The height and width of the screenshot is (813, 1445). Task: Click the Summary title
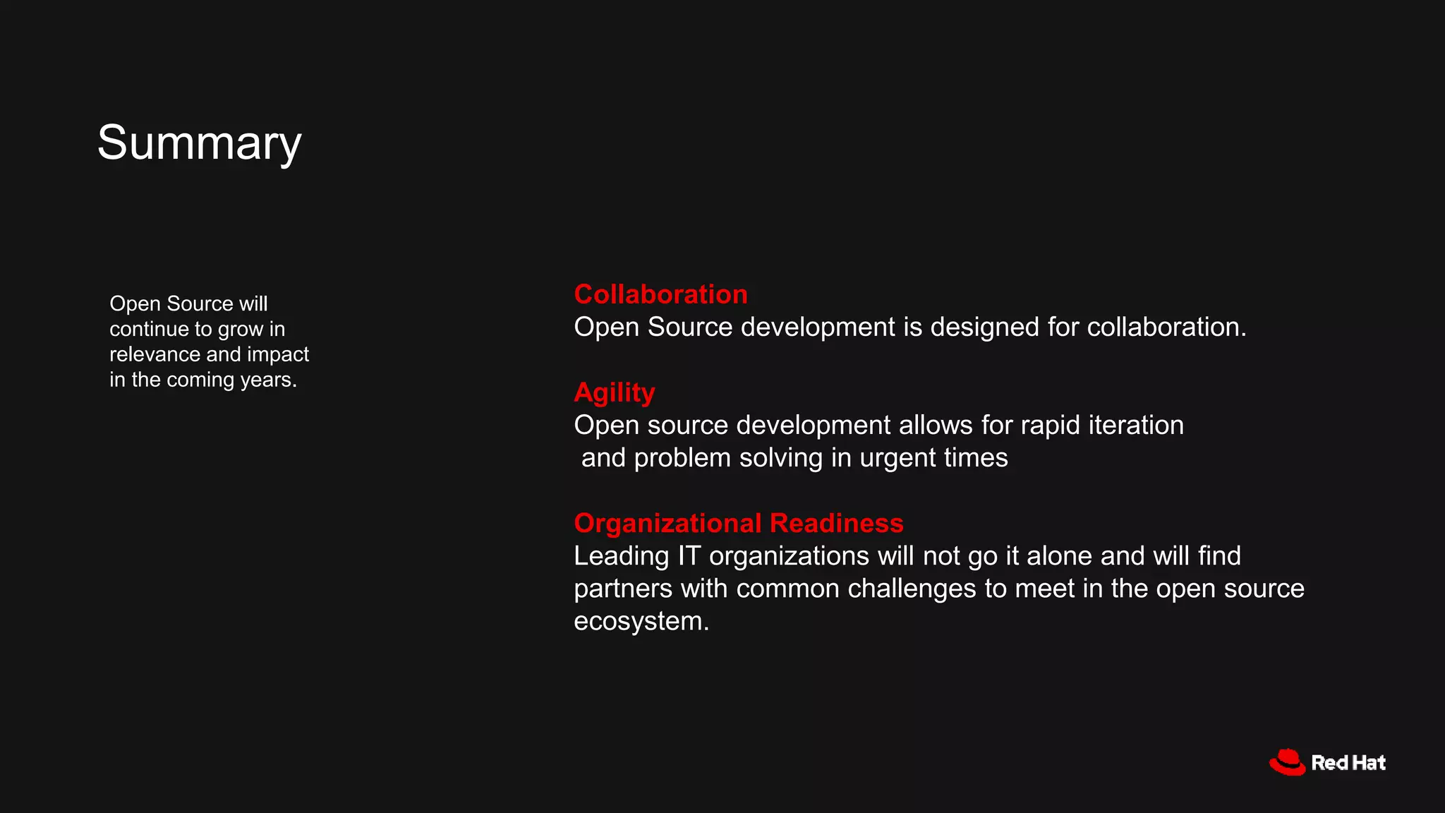pos(199,143)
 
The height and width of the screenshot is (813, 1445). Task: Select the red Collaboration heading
pos(660,294)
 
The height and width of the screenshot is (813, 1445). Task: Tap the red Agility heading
pos(614,392)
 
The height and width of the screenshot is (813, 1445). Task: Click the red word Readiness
pos(837,523)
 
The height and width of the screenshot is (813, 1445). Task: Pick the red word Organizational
pos(667,523)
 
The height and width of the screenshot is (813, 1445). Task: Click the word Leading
pos(621,556)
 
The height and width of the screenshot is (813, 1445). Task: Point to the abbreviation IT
pos(689,556)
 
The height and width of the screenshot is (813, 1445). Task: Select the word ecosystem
pos(641,621)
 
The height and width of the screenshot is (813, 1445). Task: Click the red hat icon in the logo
pos(1287,762)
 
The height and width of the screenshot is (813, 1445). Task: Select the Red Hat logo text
pos(1348,763)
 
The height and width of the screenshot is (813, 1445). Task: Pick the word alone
pos(1059,556)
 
